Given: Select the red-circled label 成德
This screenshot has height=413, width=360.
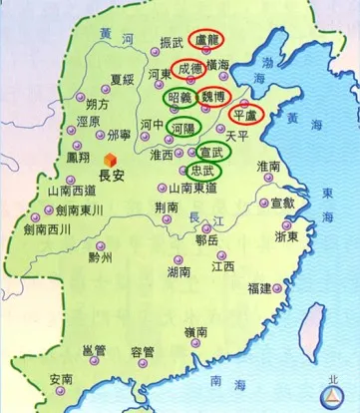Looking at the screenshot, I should point(190,72).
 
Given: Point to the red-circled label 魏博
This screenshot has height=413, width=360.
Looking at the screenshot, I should point(214,97).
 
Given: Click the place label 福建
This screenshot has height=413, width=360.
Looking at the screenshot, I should point(259,288).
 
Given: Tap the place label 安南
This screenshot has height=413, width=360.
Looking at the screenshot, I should point(62,379).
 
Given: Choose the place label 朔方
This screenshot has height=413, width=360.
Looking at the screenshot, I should point(99,103).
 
